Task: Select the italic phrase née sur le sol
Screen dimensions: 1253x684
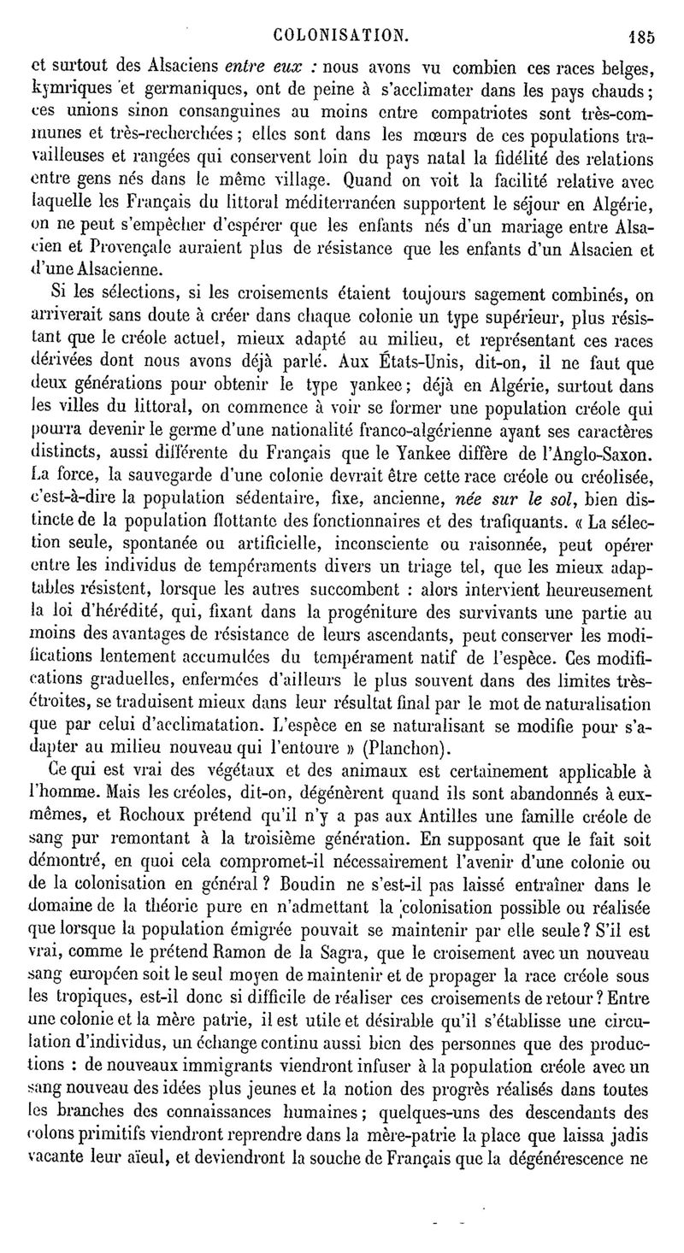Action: [x=513, y=497]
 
